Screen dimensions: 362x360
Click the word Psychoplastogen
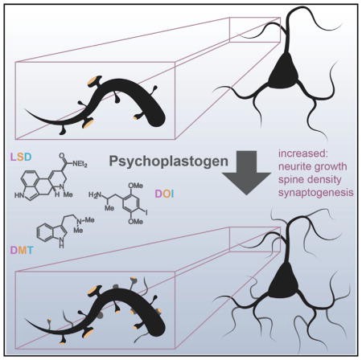[169, 162]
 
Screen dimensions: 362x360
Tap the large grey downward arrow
[246, 173]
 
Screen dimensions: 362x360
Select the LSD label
[21, 157]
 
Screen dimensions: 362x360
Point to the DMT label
[22, 250]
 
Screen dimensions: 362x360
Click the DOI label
[164, 194]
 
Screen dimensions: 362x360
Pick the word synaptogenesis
[316, 192]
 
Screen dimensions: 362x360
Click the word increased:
[305, 153]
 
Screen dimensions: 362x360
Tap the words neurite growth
[313, 166]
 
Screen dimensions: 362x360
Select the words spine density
[310, 179]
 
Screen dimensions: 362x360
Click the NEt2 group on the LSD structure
[80, 163]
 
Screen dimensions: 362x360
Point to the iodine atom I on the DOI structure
[146, 213]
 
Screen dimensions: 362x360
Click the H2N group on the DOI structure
[95, 194]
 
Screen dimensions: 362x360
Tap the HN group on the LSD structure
[19, 195]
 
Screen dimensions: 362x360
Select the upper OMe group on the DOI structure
[135, 186]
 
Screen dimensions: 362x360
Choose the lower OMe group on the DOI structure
[135, 221]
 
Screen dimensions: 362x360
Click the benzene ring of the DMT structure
[45, 232]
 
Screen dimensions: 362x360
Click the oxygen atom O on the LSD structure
[62, 155]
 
